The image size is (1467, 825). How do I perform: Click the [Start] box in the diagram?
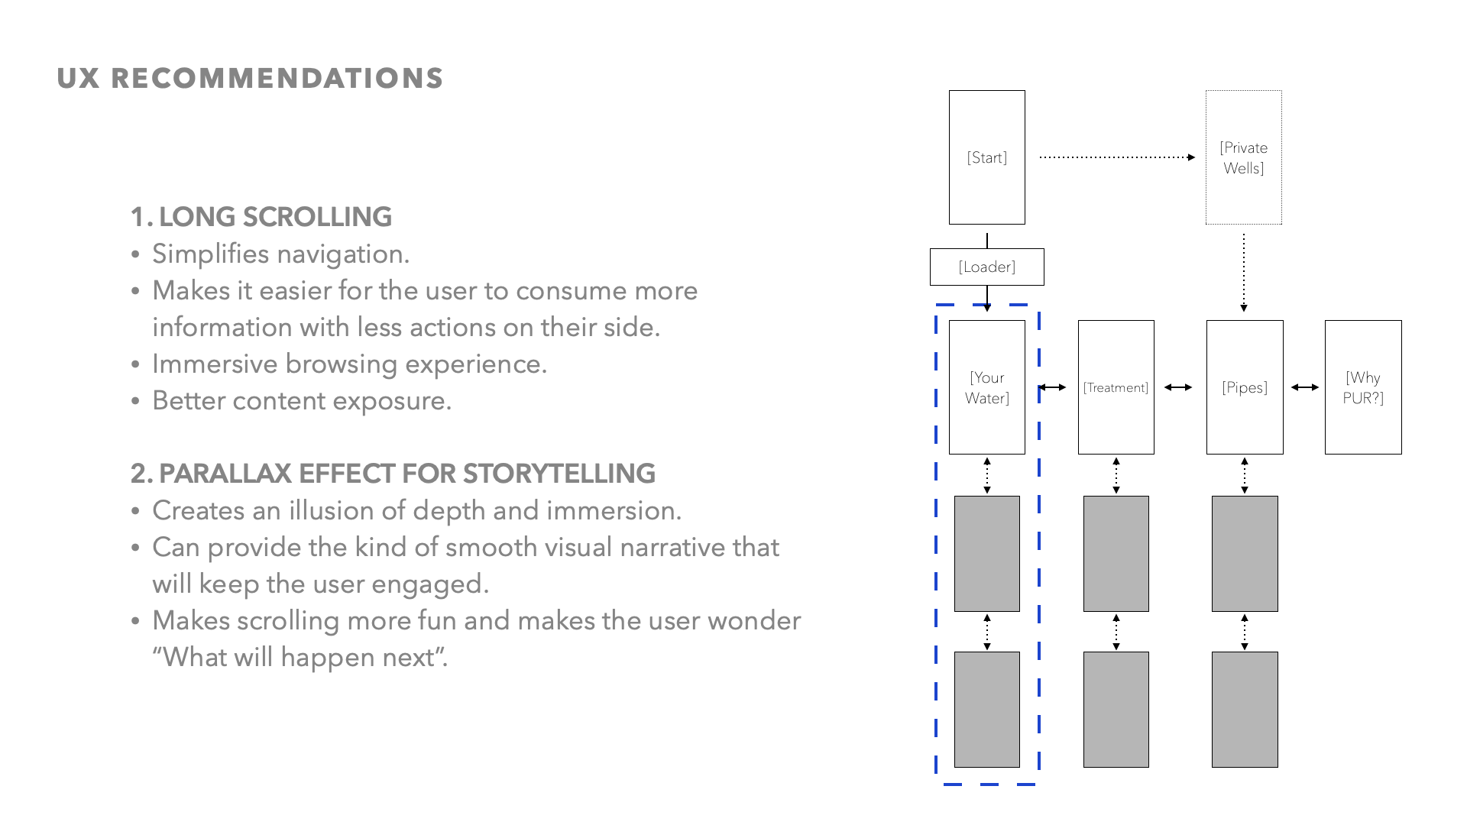pos(986,157)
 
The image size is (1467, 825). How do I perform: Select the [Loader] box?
pos(986,267)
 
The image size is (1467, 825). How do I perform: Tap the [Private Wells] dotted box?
pos(1243,157)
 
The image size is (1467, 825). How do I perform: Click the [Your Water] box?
pos(986,387)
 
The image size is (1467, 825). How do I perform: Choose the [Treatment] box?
pos(1116,387)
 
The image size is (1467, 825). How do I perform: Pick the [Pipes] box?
pos(1244,387)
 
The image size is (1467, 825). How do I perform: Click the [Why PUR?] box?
pos(1362,387)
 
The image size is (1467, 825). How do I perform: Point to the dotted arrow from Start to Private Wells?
pos(1116,157)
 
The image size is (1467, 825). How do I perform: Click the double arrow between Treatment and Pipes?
pos(1178,387)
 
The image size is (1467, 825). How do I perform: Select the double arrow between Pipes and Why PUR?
pos(1304,387)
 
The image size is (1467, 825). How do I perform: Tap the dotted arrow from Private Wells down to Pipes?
pos(1244,272)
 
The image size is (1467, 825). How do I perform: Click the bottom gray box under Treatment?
pos(1116,709)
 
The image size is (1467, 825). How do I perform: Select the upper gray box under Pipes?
pos(1244,553)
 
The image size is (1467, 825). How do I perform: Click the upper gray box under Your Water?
pos(986,553)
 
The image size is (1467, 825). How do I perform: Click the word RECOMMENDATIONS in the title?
pos(277,79)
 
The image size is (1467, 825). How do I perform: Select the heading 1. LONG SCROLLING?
pos(261,217)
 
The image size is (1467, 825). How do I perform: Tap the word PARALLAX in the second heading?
pos(225,474)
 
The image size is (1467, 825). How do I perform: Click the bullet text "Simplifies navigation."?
pos(280,254)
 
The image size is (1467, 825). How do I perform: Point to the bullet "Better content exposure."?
pos(302,400)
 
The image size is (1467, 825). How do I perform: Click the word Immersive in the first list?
pos(214,364)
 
